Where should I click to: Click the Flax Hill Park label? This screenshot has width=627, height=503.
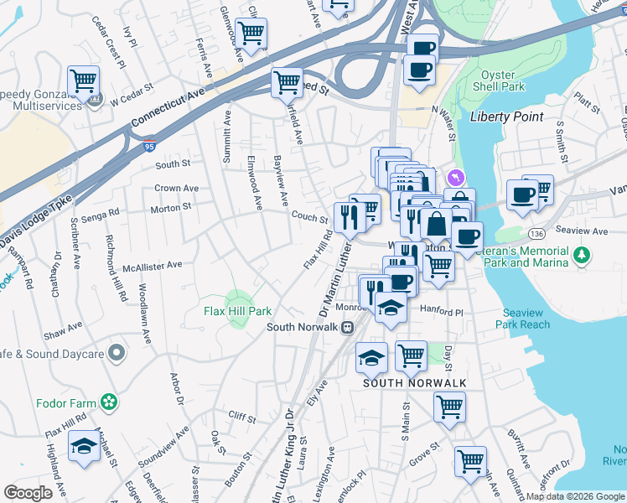coord(239,310)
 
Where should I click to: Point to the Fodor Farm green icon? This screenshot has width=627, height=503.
coord(107,402)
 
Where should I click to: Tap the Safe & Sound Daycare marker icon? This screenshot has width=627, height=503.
coord(117,353)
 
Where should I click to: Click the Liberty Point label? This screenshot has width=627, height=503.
coord(506,117)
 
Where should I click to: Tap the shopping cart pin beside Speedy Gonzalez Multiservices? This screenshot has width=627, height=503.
coord(84,82)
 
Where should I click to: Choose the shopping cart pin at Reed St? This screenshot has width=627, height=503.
coord(287,82)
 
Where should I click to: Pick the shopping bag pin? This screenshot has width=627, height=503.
coord(437,226)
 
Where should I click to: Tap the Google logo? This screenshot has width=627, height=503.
coord(28,492)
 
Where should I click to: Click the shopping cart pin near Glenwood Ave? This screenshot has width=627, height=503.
coord(251,34)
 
